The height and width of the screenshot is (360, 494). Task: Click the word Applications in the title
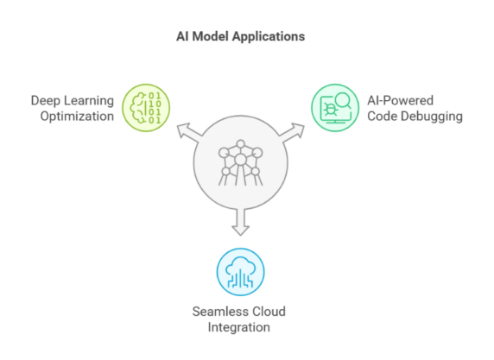(269, 37)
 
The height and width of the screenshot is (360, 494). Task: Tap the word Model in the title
(210, 36)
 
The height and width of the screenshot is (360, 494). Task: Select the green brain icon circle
(146, 108)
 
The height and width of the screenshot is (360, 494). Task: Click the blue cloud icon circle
(240, 272)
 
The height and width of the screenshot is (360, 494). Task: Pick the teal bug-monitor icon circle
(335, 108)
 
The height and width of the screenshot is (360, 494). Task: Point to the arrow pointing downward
(241, 222)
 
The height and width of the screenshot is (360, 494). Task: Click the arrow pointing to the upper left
(189, 131)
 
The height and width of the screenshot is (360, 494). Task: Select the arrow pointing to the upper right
(292, 131)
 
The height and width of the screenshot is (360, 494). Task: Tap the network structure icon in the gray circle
(240, 162)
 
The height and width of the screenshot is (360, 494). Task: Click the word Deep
(46, 101)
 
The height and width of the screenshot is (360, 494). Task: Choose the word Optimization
(77, 117)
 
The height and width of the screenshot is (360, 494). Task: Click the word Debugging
(431, 117)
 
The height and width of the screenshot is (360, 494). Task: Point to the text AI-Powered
(401, 100)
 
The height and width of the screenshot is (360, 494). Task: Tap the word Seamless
(217, 312)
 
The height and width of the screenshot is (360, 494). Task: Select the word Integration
(239, 327)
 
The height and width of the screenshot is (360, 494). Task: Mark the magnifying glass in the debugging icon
(343, 101)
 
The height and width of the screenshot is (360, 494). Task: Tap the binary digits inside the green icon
(155, 108)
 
